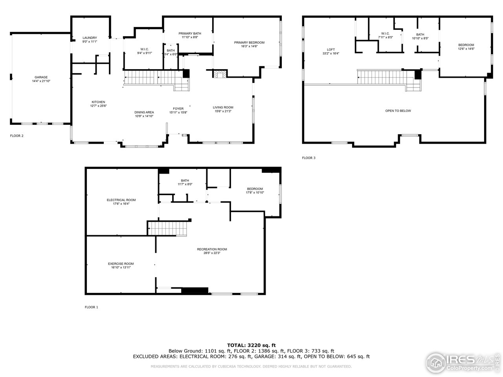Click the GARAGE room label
point(41,77)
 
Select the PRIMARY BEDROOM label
point(249,42)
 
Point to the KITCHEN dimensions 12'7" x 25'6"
point(98,106)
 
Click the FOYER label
point(178,109)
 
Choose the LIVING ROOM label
point(223,108)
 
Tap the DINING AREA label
point(144,112)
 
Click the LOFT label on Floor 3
point(331,49)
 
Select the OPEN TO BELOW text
point(398,111)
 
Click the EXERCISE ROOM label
point(121,264)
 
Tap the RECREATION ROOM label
point(212,249)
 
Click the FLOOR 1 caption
point(92,307)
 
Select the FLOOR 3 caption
point(308,158)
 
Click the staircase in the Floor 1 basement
point(167,228)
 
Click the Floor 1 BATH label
point(185,180)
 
